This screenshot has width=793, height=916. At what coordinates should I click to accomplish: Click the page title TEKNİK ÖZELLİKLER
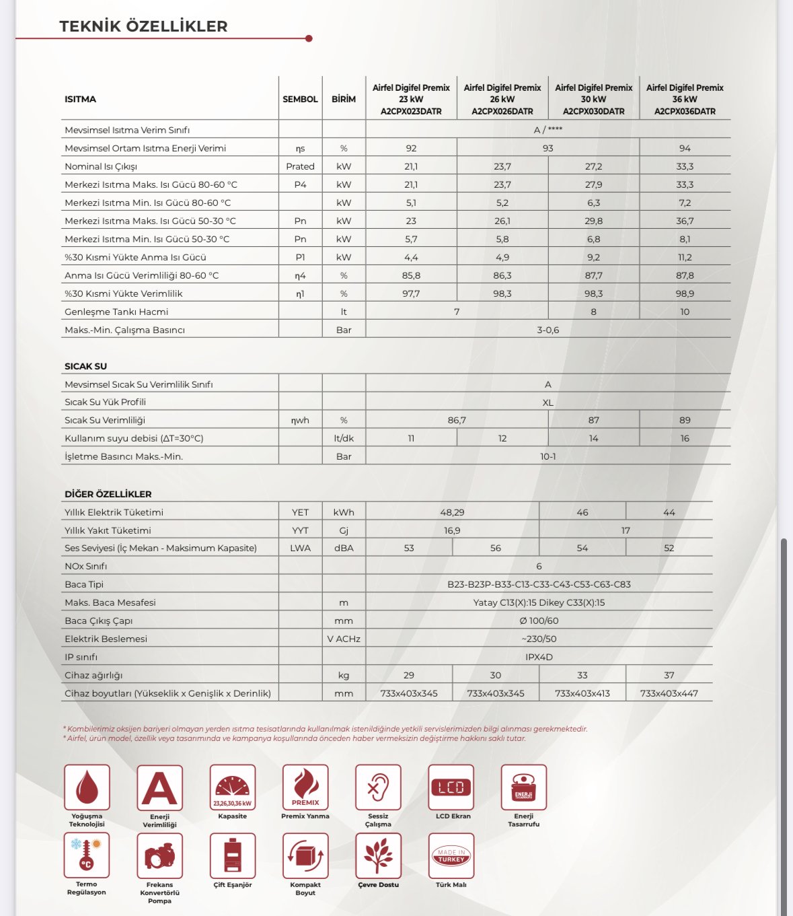click(143, 26)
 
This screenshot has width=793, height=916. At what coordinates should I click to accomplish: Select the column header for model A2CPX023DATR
click(411, 100)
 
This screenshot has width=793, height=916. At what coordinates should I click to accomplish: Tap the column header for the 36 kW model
click(685, 100)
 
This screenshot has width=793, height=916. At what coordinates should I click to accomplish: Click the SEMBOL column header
click(300, 99)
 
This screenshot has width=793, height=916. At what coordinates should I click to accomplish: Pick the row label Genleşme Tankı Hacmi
click(116, 312)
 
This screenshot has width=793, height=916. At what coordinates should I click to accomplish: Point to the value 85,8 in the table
click(411, 275)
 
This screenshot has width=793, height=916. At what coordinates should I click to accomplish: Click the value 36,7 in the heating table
click(685, 221)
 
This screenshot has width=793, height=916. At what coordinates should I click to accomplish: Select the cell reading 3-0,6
click(547, 330)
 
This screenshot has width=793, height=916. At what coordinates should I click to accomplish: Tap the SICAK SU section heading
click(85, 366)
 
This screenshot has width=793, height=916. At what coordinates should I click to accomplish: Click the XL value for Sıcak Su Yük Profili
click(547, 402)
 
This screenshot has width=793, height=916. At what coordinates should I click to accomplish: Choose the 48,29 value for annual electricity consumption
click(452, 512)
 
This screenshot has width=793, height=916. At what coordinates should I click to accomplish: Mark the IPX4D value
click(539, 657)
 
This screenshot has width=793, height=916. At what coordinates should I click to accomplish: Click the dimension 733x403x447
click(669, 693)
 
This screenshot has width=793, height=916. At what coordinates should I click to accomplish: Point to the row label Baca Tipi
click(84, 584)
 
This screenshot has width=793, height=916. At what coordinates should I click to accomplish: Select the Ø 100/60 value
click(539, 621)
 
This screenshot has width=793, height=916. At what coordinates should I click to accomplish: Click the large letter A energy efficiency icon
click(159, 787)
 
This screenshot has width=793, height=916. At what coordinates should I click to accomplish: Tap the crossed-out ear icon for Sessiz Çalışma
click(378, 787)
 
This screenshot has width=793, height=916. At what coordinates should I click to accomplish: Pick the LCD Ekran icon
click(451, 787)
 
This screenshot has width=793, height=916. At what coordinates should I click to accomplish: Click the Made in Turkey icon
click(451, 855)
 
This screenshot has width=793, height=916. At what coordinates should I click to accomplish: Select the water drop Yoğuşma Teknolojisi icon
click(87, 787)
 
